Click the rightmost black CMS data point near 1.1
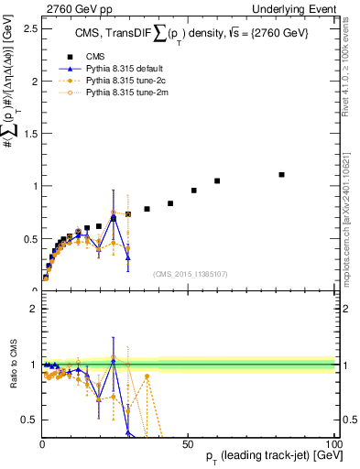[x=281, y=174]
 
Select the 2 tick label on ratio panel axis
[x=33, y=309]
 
